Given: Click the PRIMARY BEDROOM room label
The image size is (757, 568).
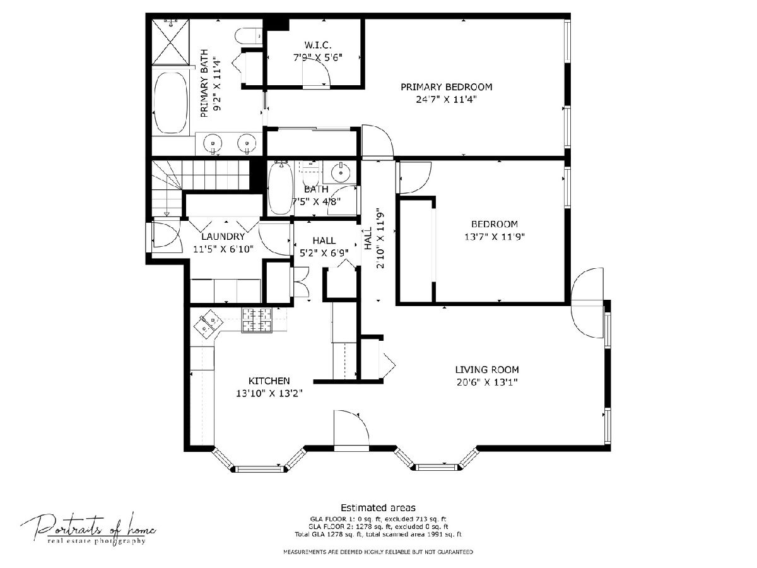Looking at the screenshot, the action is [446, 87].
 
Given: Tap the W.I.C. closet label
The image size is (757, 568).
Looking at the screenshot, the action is [318, 45].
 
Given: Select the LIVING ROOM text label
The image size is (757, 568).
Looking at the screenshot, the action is [487, 370].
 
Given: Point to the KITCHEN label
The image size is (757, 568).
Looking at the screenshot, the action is [269, 381].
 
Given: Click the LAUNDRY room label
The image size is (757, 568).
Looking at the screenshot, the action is [223, 237].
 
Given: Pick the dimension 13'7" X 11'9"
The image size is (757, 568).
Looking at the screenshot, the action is [495, 237].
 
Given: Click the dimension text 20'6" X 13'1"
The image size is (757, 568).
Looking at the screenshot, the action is [487, 382].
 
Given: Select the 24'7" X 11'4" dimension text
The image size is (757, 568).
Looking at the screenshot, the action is [446, 100].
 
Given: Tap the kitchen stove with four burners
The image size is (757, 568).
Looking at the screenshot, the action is [257, 321].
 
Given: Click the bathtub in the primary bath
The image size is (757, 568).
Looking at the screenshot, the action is [171, 102].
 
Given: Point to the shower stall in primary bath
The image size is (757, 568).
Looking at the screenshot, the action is [171, 42].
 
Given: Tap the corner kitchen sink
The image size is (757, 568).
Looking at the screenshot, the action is [208, 323].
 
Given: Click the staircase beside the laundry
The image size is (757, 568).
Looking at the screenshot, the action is [201, 188].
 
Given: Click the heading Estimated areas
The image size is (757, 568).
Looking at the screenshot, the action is [378, 507].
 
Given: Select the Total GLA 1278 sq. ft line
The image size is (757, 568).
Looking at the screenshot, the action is [378, 535].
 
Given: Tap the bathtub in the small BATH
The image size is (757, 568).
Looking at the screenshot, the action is [281, 188].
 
